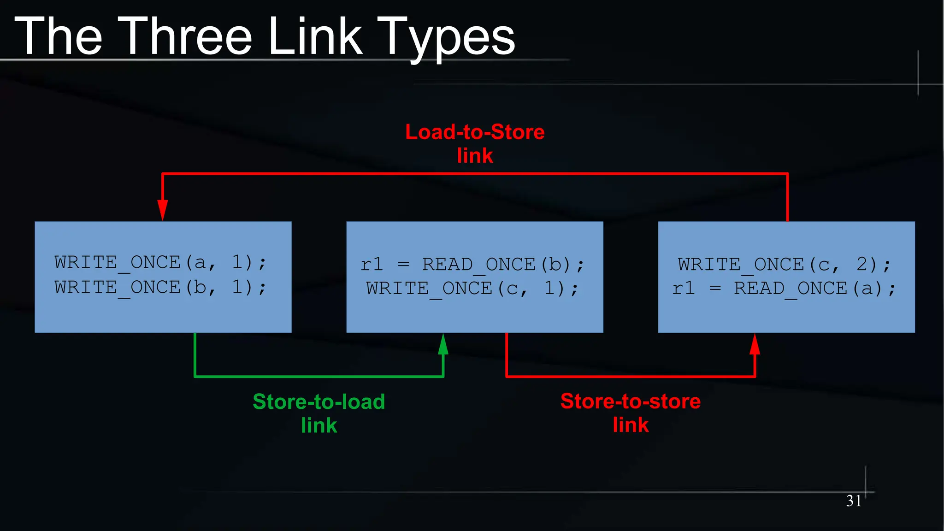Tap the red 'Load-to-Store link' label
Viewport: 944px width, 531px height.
[475, 143]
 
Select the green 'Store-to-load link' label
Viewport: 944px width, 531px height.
[319, 413]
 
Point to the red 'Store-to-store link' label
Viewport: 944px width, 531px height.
[630, 413]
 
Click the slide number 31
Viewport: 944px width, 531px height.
[854, 501]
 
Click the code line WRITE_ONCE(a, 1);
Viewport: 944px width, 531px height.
[160, 263]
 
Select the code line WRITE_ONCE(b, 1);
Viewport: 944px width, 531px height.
[160, 288]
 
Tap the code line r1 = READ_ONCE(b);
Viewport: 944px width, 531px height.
[472, 265]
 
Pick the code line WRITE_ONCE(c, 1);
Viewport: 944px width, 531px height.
[472, 289]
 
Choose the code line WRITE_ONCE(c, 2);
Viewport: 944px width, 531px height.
[784, 265]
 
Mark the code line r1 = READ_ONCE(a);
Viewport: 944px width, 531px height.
[784, 289]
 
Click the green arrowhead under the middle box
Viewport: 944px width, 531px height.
[443, 344]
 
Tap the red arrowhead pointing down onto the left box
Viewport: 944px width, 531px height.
[162, 210]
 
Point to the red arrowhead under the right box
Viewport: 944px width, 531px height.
[755, 344]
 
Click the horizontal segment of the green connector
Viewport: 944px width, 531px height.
[319, 377]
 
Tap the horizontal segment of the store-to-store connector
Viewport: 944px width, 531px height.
[630, 377]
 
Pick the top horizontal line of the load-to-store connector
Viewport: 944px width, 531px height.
[475, 174]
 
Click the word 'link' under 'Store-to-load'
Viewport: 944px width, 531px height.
[319, 425]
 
